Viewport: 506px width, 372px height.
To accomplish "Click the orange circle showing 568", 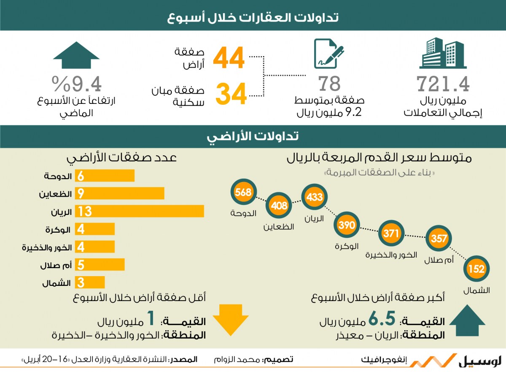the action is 244,192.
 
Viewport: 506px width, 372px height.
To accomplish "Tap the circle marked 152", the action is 476,269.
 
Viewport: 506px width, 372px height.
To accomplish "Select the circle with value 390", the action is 347,225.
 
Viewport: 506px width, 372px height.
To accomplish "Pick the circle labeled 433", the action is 315,197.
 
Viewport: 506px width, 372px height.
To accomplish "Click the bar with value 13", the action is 140,211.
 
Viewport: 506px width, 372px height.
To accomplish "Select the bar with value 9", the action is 119,193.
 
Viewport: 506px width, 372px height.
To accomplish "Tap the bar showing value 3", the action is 90,282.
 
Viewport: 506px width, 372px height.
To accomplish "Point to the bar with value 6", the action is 105,176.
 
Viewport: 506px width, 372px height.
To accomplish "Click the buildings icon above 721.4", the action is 443,53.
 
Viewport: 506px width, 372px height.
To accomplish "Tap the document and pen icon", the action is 329,54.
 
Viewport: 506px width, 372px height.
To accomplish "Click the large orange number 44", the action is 229,58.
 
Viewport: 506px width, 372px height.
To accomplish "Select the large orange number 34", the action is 231,94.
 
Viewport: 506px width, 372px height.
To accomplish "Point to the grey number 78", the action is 329,84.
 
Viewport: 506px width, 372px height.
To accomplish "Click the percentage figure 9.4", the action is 77,84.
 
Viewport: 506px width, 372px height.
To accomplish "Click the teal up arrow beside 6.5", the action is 467,320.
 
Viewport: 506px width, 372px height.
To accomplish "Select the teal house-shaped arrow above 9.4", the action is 76,55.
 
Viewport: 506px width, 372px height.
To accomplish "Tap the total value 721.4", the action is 443,84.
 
